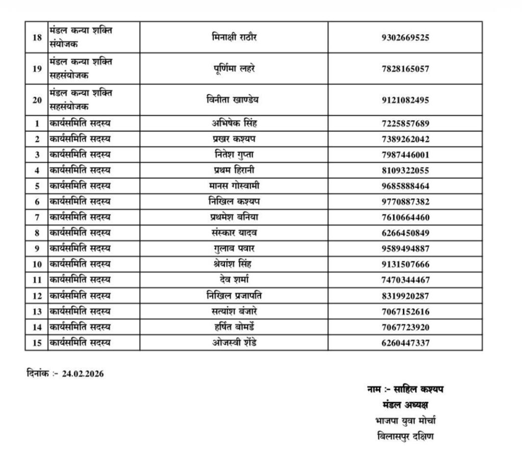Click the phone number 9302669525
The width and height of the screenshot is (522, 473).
pyautogui.click(x=405, y=37)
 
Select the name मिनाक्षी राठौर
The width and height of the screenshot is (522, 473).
pyautogui.click(x=234, y=37)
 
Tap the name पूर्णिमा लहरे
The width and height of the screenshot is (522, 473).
pyautogui.click(x=234, y=68)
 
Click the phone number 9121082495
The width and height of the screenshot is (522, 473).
pyautogui.click(x=405, y=100)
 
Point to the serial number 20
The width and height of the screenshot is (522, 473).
pyautogui.click(x=37, y=100)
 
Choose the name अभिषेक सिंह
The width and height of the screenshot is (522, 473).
pyautogui.click(x=234, y=123)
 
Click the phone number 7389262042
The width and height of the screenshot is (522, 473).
pyautogui.click(x=405, y=139)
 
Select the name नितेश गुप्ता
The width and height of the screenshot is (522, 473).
pyautogui.click(x=234, y=154)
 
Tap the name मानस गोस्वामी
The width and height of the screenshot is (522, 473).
pyautogui.click(x=234, y=186)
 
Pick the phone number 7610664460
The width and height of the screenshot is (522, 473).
pyautogui.click(x=405, y=218)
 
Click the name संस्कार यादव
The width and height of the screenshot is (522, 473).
pyautogui.click(x=234, y=233)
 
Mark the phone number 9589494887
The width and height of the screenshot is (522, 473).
pyautogui.click(x=405, y=249)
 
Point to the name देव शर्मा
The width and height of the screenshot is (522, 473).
pyautogui.click(x=234, y=280)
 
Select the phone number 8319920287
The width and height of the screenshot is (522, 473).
pyautogui.click(x=405, y=296)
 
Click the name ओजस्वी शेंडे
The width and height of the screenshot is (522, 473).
pyautogui.click(x=234, y=343)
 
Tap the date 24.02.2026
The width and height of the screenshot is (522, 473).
pyautogui.click(x=83, y=374)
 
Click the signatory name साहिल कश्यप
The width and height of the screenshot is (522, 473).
pyautogui.click(x=419, y=390)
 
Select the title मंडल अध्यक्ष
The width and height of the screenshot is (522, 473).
pyautogui.click(x=405, y=405)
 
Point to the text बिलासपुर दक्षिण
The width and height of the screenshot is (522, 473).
pyautogui.click(x=405, y=437)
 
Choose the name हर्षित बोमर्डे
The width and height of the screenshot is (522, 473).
pyautogui.click(x=234, y=327)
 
